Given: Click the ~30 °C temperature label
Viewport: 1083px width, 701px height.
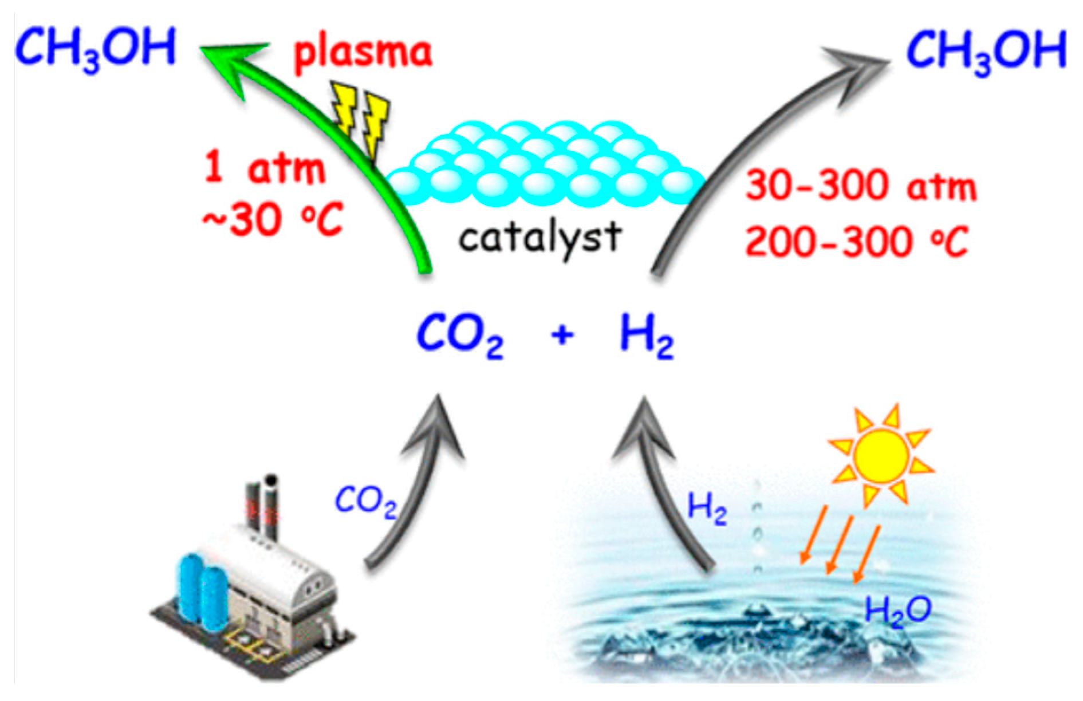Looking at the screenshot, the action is pos(271,220).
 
